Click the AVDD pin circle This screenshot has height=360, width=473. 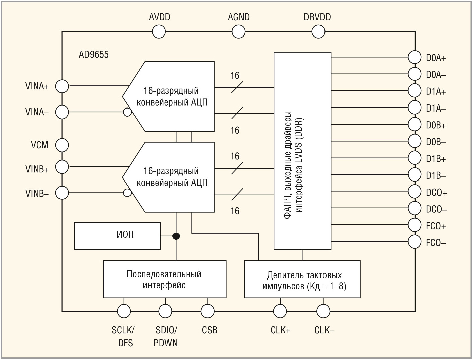click(159, 32)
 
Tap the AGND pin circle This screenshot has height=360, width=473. click(239, 32)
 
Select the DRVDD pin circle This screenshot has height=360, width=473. click(318, 32)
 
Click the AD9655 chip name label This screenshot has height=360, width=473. click(94, 55)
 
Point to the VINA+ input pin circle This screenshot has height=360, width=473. click(62, 86)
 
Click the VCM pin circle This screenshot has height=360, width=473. click(62, 145)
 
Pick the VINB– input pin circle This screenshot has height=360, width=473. click(62, 193)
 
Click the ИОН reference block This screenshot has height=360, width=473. click(117, 236)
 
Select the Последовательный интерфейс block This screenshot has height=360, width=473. click(165, 279)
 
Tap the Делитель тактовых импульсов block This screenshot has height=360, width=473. click(302, 279)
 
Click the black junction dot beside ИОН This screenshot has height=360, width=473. click(176, 236)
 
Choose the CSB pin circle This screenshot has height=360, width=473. click(208, 311)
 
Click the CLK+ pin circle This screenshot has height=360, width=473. click(280, 311)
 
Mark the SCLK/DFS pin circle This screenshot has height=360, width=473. click(124, 311)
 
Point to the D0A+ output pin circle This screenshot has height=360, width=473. click(415, 57)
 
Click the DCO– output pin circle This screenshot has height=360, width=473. click(415, 208)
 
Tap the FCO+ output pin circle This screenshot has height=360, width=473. click(415, 225)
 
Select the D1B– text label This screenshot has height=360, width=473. click(436, 176)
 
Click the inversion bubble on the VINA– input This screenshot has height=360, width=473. click(127, 112)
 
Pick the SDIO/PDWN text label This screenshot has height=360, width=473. click(166, 337)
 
